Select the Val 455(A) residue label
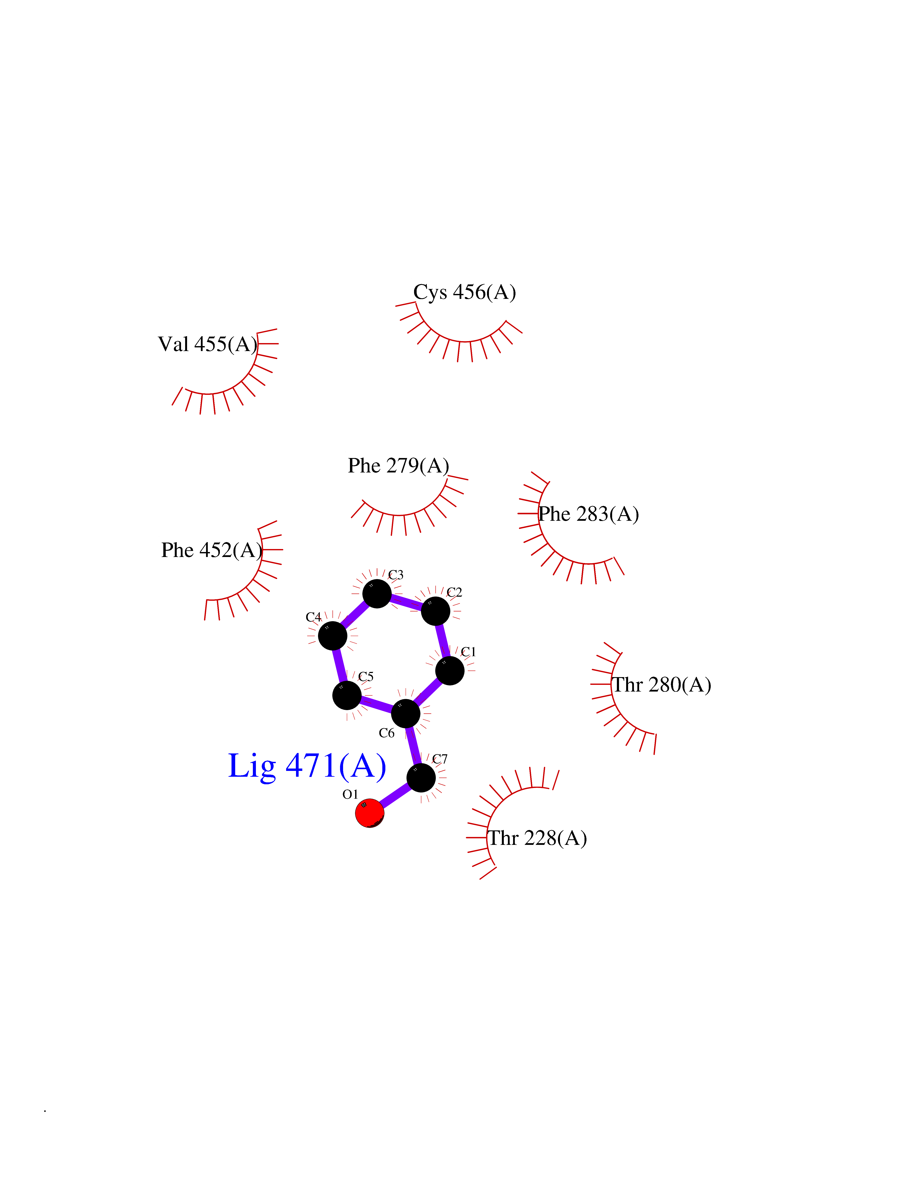208,344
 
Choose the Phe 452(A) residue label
212,550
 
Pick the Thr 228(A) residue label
538,838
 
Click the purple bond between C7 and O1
395,795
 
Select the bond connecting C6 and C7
413,746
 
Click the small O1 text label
350,794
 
